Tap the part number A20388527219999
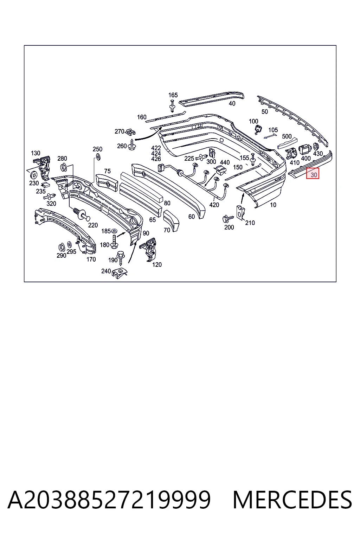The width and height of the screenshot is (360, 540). click(109, 500)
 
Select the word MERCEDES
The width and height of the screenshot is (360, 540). click(292, 500)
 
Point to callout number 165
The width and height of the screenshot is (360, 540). click(173, 95)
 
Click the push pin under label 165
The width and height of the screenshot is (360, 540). click(172, 106)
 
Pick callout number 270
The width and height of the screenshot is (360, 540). click(120, 131)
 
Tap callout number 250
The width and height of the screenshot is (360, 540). click(97, 149)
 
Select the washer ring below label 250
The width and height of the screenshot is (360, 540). click(98, 156)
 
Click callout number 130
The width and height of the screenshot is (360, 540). click(36, 153)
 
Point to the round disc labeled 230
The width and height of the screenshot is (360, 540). click(34, 174)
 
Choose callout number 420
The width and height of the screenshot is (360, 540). click(214, 205)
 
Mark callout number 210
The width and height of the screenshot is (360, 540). click(250, 223)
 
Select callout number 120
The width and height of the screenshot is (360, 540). click(157, 264)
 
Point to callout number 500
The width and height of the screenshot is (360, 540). click(287, 136)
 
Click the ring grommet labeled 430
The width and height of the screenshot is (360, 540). click(316, 147)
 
